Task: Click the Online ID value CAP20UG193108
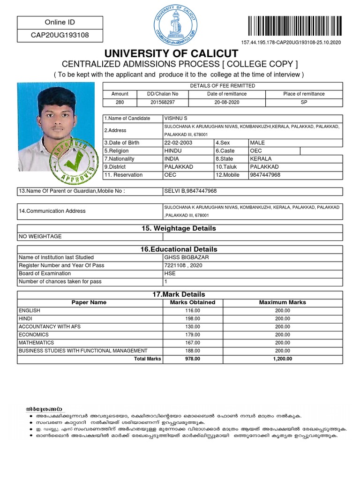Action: (60, 35)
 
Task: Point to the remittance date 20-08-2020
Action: (227, 102)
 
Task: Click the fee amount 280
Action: (120, 102)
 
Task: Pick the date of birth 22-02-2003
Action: (178, 142)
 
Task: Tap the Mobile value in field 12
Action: (265, 175)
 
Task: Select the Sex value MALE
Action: (257, 142)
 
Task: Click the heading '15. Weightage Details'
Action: (179, 228)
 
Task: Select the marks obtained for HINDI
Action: (192, 319)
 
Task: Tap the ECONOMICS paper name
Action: (34, 335)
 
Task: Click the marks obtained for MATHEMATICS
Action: (192, 343)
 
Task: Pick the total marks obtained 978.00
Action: (192, 359)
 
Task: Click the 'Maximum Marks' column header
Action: (282, 302)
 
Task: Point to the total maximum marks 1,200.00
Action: (282, 359)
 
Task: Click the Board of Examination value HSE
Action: (170, 273)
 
